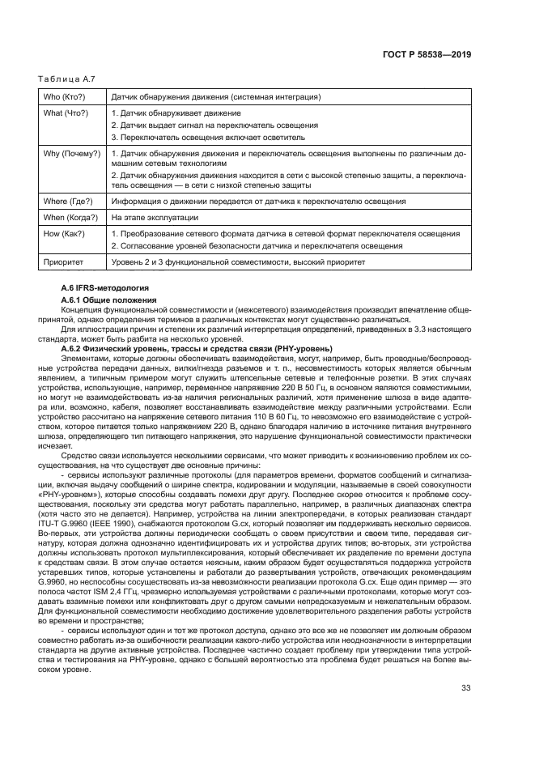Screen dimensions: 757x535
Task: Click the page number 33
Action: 465,711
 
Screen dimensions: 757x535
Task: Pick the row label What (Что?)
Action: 65,113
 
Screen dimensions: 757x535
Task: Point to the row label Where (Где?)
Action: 67,201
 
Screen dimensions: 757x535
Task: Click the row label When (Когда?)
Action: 70,217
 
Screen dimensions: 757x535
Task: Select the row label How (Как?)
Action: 62,233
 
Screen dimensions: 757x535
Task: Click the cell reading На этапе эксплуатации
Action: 155,217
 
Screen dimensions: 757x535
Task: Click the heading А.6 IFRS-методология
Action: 101,288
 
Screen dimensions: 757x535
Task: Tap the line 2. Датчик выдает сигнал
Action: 214,125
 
